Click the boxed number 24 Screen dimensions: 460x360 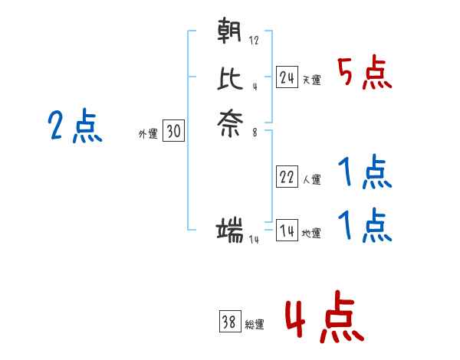[x=287, y=77]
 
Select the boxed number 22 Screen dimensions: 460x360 [x=287, y=177]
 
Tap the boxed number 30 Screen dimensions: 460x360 [x=173, y=132]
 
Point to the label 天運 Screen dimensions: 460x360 [x=311, y=80]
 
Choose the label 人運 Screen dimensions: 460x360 [x=311, y=180]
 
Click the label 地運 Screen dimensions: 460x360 [x=311, y=233]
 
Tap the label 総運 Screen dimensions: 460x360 [x=255, y=325]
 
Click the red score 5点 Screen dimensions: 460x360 [x=365, y=74]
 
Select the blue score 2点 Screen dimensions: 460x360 [x=74, y=126]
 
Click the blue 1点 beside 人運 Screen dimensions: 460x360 [x=365, y=174]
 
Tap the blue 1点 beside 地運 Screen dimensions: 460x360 [x=365, y=226]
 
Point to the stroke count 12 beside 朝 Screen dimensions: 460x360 [x=254, y=40]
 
